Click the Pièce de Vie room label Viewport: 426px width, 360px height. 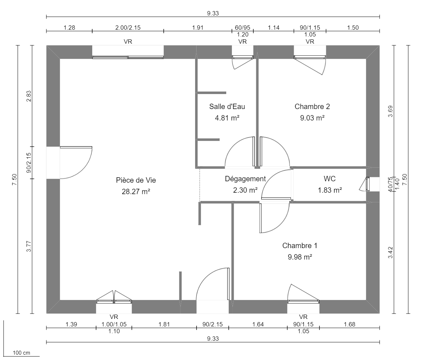pyautogui.click(x=136, y=181)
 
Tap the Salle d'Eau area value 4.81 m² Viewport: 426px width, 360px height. pyautogui.click(x=227, y=117)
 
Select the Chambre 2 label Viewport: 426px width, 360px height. pyautogui.click(x=312, y=107)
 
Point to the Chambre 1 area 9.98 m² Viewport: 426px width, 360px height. pyautogui.click(x=299, y=257)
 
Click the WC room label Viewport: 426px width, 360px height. pyautogui.click(x=330, y=179)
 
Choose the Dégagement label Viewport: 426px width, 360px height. pyautogui.click(x=245, y=179)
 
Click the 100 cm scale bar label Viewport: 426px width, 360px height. pyautogui.click(x=21, y=353)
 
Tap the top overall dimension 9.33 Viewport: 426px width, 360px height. pyautogui.click(x=213, y=14)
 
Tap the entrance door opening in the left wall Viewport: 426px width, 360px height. pyautogui.click(x=53, y=163)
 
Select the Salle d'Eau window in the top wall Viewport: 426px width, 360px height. pyautogui.click(x=243, y=56)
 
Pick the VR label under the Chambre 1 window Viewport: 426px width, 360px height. pyautogui.click(x=303, y=317)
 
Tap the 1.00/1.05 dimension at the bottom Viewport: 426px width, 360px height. pyautogui.click(x=114, y=324)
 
